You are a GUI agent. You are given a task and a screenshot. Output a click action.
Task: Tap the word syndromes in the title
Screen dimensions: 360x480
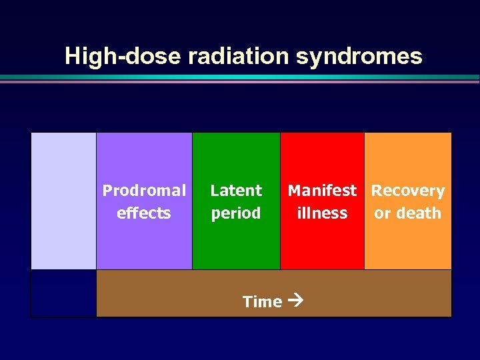click(359, 57)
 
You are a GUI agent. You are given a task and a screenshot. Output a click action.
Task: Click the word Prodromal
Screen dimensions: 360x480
click(144, 191)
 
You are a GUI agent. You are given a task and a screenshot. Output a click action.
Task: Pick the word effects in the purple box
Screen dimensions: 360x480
click(144, 213)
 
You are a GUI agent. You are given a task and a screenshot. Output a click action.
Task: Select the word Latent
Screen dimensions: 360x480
click(236, 191)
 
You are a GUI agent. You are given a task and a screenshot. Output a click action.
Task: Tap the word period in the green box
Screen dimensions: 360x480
click(236, 214)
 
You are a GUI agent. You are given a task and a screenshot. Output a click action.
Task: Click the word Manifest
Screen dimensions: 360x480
click(322, 191)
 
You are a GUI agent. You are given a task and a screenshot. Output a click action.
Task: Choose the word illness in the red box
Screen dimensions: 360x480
click(322, 213)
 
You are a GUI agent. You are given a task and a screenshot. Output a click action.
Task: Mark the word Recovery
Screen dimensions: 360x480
click(408, 191)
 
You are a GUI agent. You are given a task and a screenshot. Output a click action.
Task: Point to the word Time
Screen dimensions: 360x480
click(262, 302)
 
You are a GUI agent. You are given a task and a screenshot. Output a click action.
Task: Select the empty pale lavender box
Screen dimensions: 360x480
click(64, 200)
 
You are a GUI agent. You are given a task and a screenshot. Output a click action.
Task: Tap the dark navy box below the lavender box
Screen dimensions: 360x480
click(64, 293)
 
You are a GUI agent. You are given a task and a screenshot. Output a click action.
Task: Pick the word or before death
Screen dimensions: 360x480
click(382, 214)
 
